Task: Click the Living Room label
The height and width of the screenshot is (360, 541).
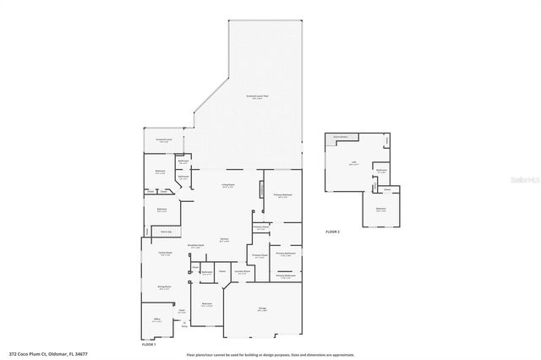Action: pyautogui.click(x=228, y=184)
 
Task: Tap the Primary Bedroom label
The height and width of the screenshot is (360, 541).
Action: pyautogui.click(x=283, y=194)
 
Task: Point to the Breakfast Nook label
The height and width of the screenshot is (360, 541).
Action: pyautogui.click(x=196, y=246)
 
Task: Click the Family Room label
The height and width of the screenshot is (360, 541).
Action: pyautogui.click(x=165, y=253)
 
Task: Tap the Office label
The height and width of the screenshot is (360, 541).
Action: pyautogui.click(x=156, y=319)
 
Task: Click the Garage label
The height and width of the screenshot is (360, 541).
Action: pyautogui.click(x=262, y=309)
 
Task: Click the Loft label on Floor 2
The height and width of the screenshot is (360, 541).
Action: pyautogui.click(x=353, y=163)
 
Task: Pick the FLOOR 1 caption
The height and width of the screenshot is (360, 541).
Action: pyautogui.click(x=149, y=345)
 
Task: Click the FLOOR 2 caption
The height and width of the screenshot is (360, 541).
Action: pyautogui.click(x=332, y=232)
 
